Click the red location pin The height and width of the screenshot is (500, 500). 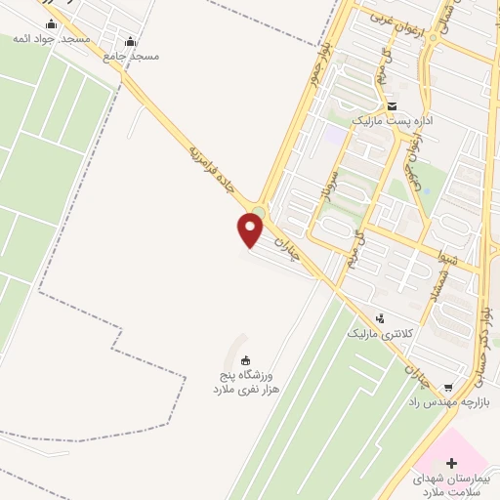(251, 230)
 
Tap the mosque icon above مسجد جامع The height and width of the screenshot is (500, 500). (131, 41)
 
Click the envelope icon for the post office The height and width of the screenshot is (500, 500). (392, 105)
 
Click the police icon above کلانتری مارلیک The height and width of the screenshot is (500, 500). (380, 317)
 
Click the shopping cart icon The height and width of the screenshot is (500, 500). (447, 389)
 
